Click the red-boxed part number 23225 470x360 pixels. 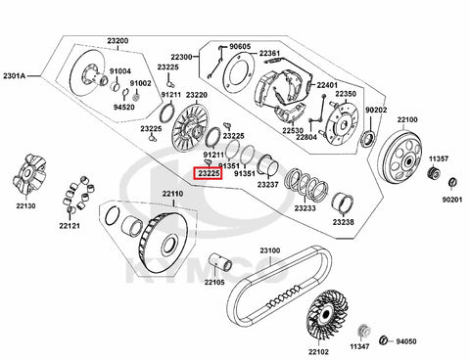[x=209, y=173]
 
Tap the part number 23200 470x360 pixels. [x=117, y=41]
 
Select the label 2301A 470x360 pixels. [x=15, y=76]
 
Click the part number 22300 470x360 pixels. [x=181, y=57]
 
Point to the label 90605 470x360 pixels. [x=240, y=47]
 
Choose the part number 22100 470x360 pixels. [x=407, y=119]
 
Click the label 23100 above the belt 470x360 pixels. [x=270, y=250]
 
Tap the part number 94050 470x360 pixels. [x=406, y=341]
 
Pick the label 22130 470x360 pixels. [x=25, y=205]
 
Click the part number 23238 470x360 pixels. [x=343, y=222]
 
